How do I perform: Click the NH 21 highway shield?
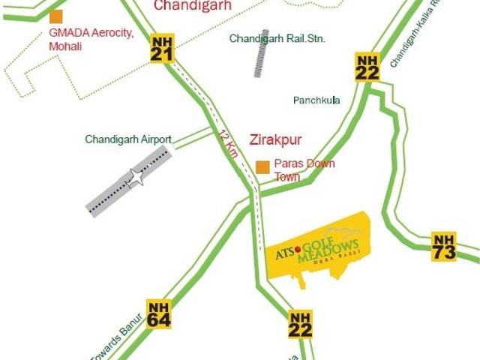pos(162,49)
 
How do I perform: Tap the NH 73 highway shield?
pos(444,247)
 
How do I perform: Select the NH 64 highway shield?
pos(159,314)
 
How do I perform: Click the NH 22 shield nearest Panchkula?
pos(367,67)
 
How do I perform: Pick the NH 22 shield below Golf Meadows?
pos(300,325)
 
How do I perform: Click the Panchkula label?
pos(316,100)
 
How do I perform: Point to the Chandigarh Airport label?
pos(128,139)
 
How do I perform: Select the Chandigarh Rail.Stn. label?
pos(277,38)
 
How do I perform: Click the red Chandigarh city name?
pos(193,6)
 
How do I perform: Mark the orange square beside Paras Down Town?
pos(262,167)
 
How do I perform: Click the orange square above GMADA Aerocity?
pos(56,16)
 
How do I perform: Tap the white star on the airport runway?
pos(136,178)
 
